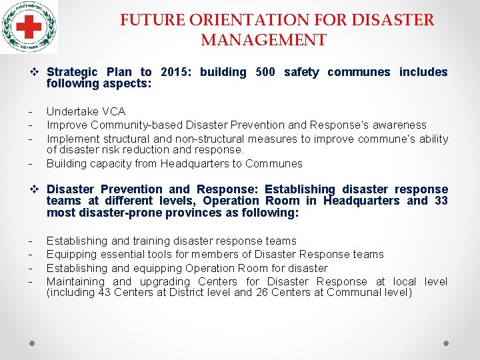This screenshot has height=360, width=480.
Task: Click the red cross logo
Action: coord(29,27)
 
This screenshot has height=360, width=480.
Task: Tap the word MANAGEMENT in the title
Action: coord(263,40)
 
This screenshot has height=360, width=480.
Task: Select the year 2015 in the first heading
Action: coord(173,72)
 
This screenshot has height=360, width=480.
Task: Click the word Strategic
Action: coord(72,72)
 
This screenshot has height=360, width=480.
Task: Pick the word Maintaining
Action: coord(75,281)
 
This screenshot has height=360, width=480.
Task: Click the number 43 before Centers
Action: coord(105,293)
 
